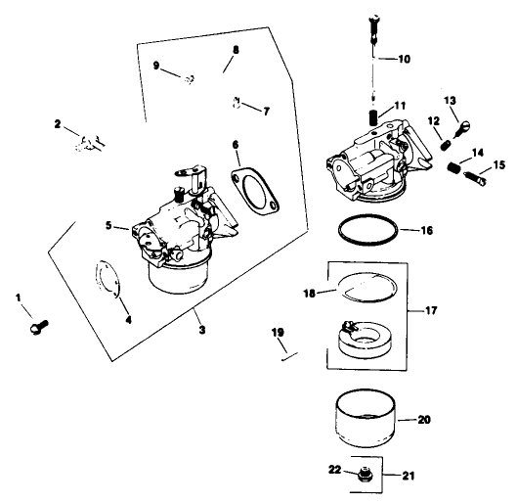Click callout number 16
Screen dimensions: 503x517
pos(427,233)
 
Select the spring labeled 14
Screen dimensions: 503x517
pos(452,168)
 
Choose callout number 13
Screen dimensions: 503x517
pos(451,101)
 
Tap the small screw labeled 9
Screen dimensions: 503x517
pos(192,77)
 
